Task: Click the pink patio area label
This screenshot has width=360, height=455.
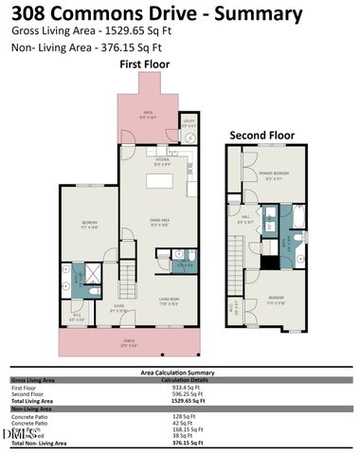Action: pyautogui.click(x=148, y=115)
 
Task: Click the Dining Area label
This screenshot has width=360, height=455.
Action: pyautogui.click(x=159, y=223)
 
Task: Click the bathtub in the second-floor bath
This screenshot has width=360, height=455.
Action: pyautogui.click(x=292, y=224)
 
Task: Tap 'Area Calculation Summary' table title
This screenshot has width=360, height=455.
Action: pyautogui.click(x=180, y=373)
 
